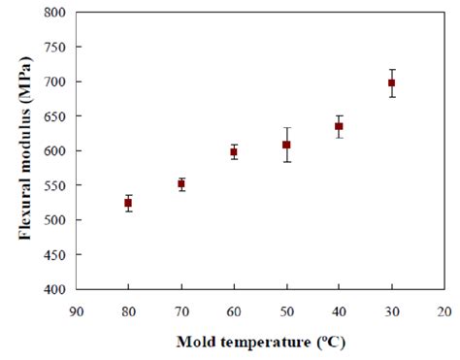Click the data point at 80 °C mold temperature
tap(128, 203)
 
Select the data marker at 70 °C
tap(181, 183)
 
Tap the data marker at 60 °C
tap(234, 151)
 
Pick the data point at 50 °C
tap(286, 145)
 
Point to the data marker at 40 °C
tap(339, 126)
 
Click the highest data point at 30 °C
tap(392, 83)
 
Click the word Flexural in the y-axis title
tap(20, 204)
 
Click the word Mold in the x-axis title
tap(194, 343)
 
